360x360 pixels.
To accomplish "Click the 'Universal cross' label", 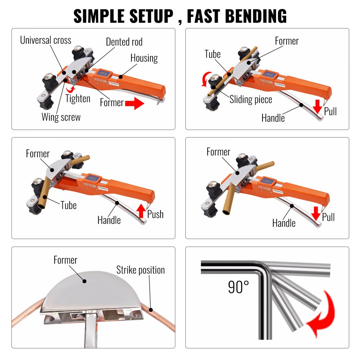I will tap(45, 40).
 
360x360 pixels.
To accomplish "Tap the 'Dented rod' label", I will tap(124, 42).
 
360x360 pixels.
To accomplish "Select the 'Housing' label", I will tap(144, 58).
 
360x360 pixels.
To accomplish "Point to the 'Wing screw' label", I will tap(61, 117).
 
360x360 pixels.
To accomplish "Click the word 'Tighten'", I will tap(78, 98).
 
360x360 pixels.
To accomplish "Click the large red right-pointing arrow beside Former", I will tap(134, 104).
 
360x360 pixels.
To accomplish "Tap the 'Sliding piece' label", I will tap(251, 99).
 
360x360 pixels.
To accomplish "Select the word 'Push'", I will tap(156, 215).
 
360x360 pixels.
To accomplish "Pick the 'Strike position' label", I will tap(140, 270).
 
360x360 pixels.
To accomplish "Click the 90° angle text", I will tap(238, 287).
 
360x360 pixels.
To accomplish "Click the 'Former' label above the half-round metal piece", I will tap(66, 260).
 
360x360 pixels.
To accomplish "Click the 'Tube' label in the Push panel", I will tap(68, 205).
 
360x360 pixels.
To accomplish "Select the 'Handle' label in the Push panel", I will tap(109, 220).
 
